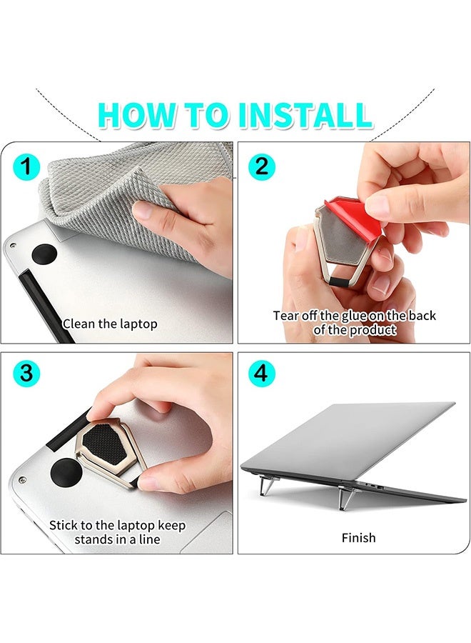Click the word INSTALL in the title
click(x=305, y=116)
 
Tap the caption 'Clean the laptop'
click(x=110, y=324)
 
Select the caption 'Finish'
click(x=358, y=537)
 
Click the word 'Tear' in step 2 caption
click(x=287, y=315)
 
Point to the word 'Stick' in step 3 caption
click(x=64, y=525)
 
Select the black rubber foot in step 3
click(x=64, y=471)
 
